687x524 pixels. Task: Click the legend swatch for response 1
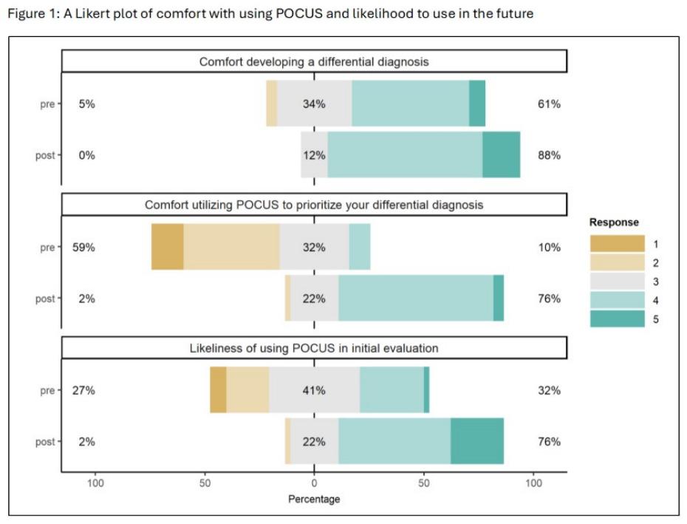(x=617, y=244)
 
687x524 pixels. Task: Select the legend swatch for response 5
(x=617, y=319)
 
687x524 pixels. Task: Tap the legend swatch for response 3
(x=617, y=282)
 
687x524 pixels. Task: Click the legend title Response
(x=614, y=222)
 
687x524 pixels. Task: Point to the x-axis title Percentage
(x=314, y=500)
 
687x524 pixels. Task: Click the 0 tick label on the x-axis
(x=314, y=483)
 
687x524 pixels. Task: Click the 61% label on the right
(x=549, y=104)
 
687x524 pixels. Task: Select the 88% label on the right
(x=549, y=155)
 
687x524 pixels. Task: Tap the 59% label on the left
(x=83, y=248)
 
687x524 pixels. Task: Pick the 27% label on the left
(x=83, y=390)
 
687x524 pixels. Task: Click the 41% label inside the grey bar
(x=314, y=390)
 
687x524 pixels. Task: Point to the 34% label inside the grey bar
(x=314, y=104)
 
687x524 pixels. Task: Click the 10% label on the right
(x=549, y=248)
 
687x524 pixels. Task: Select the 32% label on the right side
(x=549, y=390)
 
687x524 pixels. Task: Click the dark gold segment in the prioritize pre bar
(x=168, y=248)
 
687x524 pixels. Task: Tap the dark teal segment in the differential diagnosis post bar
(x=501, y=155)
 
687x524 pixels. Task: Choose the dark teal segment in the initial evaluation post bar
(x=477, y=442)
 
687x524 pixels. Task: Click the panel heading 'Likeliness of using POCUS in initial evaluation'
(x=314, y=348)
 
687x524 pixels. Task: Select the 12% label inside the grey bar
(x=314, y=155)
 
